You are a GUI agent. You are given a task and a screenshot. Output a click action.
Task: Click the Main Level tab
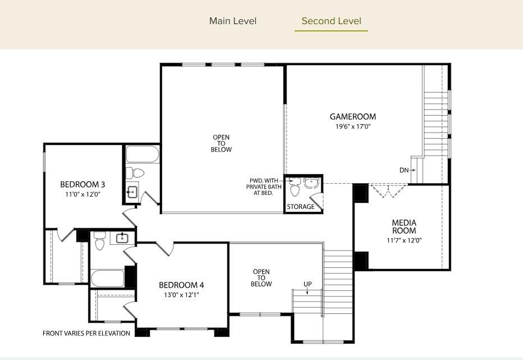[232, 21]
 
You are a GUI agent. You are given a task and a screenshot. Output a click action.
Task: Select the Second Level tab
[331, 21]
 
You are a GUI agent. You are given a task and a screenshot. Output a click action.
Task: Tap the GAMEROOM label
[352, 117]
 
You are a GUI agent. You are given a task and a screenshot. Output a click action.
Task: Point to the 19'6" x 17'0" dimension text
[352, 126]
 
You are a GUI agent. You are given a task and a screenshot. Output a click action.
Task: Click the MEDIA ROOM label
[403, 227]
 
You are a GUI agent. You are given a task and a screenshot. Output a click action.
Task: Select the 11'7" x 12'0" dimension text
[403, 240]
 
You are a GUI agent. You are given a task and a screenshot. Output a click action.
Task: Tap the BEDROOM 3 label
[82, 185]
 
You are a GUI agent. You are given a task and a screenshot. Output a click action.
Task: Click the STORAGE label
[301, 207]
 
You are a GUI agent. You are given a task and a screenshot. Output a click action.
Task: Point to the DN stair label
[404, 170]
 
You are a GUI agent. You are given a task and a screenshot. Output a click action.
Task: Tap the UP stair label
[308, 284]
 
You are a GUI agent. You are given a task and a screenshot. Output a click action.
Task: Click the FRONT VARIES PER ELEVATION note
[86, 333]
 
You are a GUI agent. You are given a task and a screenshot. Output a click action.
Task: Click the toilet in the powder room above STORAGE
[295, 189]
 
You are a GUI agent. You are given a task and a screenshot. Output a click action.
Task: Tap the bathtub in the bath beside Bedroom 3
[142, 154]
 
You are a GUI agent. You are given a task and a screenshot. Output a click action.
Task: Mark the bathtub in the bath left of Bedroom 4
[107, 277]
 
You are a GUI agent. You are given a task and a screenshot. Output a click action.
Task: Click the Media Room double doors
[388, 191]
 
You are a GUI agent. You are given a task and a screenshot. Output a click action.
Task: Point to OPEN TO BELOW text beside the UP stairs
[261, 278]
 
